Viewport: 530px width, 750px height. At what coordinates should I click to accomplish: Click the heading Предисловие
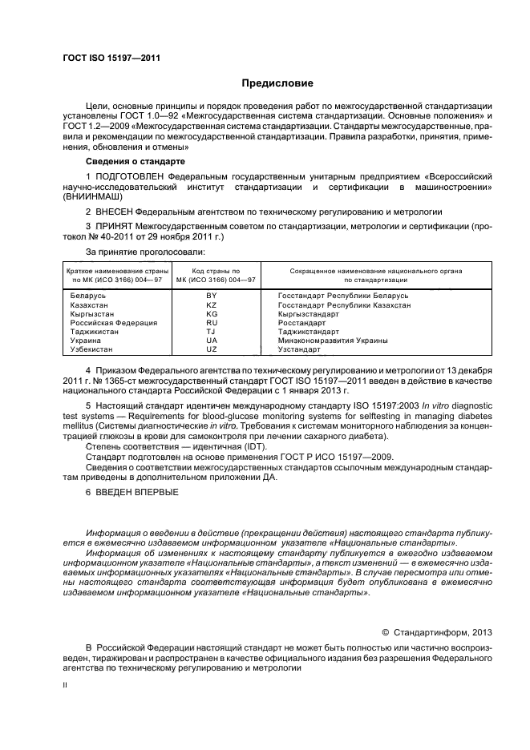point(277,83)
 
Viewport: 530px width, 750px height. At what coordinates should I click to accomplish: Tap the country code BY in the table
point(212,296)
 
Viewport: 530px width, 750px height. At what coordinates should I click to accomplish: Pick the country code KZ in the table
point(212,305)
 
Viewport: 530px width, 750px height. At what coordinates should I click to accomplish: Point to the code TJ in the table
point(212,332)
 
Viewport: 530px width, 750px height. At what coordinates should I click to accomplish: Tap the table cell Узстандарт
point(300,349)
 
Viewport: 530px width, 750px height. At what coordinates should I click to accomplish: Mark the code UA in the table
point(212,341)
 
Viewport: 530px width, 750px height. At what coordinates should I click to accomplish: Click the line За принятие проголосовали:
point(138,252)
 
